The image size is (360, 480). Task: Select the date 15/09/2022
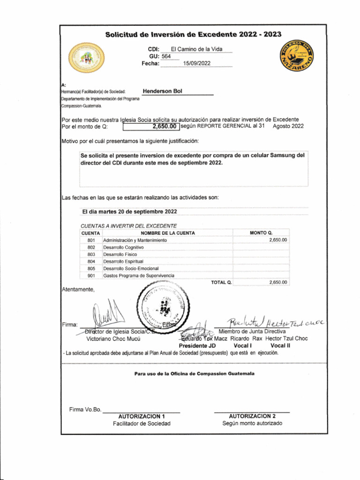pos(197,63)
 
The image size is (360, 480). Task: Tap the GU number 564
pos(166,56)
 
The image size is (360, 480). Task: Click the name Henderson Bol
pos(162,91)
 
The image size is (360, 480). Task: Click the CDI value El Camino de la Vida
pos(196,49)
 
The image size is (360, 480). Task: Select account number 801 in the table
pos(91,240)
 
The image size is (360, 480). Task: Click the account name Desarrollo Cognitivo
pos(123,247)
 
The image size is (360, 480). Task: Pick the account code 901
pos(91,276)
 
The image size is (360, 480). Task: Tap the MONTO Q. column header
pos(261,233)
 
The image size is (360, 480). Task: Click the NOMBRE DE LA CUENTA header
pos(168,233)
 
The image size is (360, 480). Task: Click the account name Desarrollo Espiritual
pos(123,261)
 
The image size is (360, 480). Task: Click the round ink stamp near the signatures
pos(162,308)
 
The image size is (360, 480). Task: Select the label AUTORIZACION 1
pos(142,416)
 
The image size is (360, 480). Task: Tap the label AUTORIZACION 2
pos(252,416)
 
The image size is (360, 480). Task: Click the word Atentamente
pos(78,289)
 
